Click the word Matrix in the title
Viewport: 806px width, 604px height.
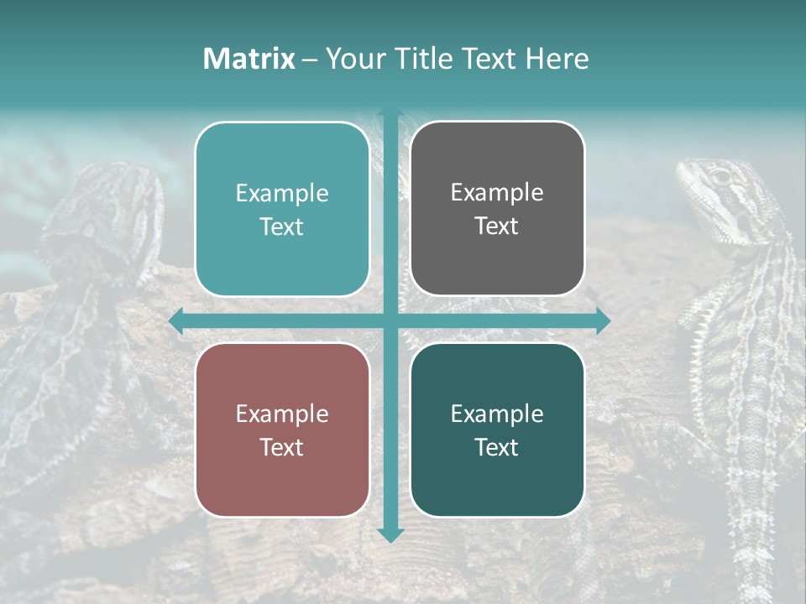point(249,59)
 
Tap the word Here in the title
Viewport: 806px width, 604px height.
point(557,59)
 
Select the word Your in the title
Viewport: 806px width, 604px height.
point(353,59)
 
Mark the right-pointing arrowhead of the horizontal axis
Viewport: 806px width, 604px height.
point(602,321)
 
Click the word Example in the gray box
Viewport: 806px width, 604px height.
point(497,192)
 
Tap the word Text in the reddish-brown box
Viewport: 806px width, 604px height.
point(282,447)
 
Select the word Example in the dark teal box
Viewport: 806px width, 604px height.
point(497,414)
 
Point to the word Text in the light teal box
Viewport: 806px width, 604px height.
point(282,226)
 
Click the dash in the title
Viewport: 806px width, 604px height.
point(310,60)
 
